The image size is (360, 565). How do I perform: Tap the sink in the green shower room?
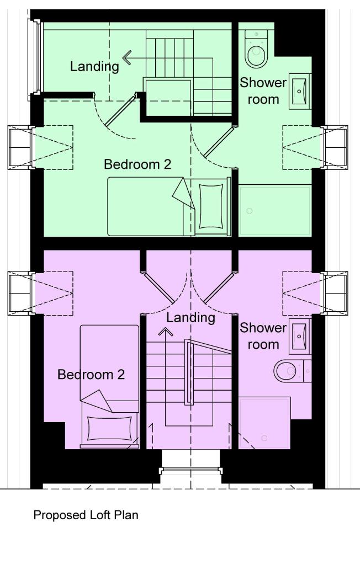pos(300,89)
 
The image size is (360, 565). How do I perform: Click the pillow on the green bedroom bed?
pos(210,206)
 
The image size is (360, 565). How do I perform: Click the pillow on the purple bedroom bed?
pos(109,429)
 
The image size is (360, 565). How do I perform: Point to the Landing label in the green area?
pos(94,67)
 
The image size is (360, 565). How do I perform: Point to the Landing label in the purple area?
pos(190,318)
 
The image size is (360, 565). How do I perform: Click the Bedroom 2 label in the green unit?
pos(137,164)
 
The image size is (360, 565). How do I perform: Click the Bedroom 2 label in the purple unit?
pos(91,375)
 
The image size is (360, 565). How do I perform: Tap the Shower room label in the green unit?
pos(263,91)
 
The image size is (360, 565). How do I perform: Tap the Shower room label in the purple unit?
pos(263,336)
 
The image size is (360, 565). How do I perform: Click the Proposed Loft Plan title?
pos(86,515)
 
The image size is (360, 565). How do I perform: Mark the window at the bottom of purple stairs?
pos(190,471)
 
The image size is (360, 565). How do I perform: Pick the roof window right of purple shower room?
pos(335,294)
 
